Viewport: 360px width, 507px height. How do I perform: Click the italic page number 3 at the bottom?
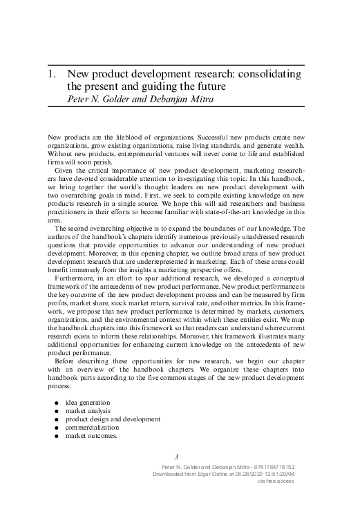(177, 456)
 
